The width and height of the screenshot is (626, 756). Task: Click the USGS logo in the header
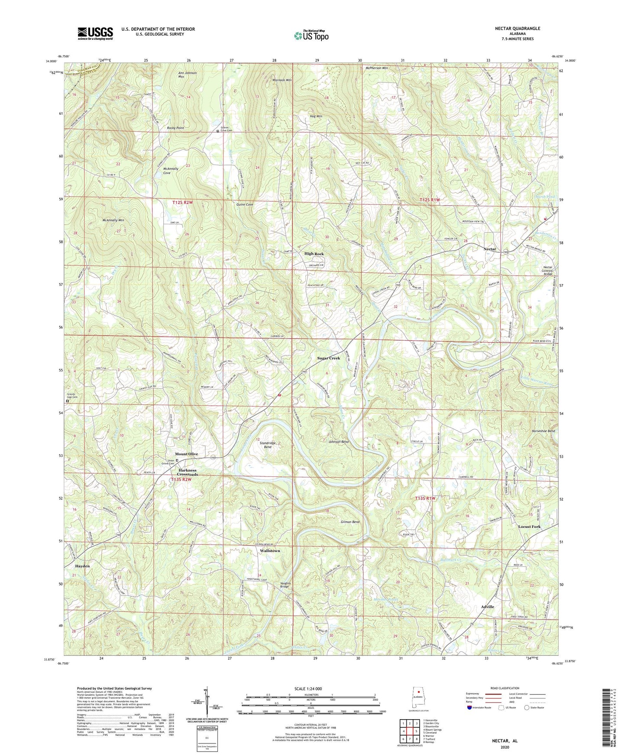point(95,33)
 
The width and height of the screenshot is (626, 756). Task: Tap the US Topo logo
point(311,36)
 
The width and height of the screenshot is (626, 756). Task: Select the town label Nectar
point(490,249)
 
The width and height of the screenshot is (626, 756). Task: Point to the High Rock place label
point(314,254)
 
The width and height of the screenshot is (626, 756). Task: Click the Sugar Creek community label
point(328,358)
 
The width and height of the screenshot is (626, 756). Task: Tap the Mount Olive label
point(186,454)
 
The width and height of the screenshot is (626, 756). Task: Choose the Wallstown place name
point(269,551)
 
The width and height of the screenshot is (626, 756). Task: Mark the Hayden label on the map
point(82,566)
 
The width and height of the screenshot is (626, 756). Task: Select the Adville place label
point(487,607)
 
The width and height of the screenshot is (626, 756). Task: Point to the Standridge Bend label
point(268,445)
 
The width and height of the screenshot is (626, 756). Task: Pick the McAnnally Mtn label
point(113,220)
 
